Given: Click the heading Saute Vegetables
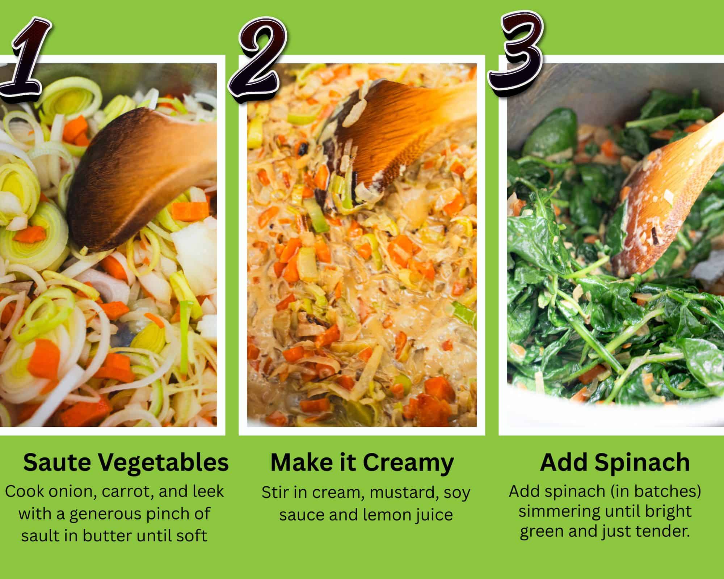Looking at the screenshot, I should tap(126, 462).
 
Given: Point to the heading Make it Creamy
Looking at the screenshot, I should tap(362, 462).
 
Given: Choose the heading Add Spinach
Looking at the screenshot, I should tap(614, 462).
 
